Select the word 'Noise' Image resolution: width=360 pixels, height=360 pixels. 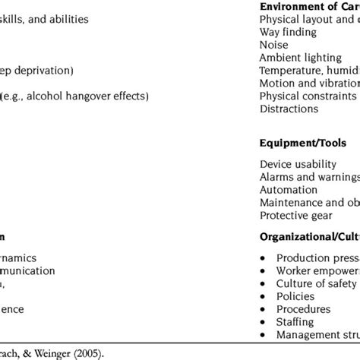tap(274, 45)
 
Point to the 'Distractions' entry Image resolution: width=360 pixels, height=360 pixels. tap(289, 109)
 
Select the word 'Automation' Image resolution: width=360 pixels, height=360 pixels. tap(289, 190)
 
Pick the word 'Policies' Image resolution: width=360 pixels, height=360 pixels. tap(297, 296)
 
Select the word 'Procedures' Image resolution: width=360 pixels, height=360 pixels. tap(304, 309)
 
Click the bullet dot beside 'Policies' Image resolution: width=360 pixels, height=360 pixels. tap(262, 296)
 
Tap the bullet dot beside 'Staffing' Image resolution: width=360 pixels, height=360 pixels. tap(262, 322)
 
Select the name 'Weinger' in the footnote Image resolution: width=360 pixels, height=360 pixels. tap(77, 352)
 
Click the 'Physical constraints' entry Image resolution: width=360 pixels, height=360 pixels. tap(308, 96)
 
